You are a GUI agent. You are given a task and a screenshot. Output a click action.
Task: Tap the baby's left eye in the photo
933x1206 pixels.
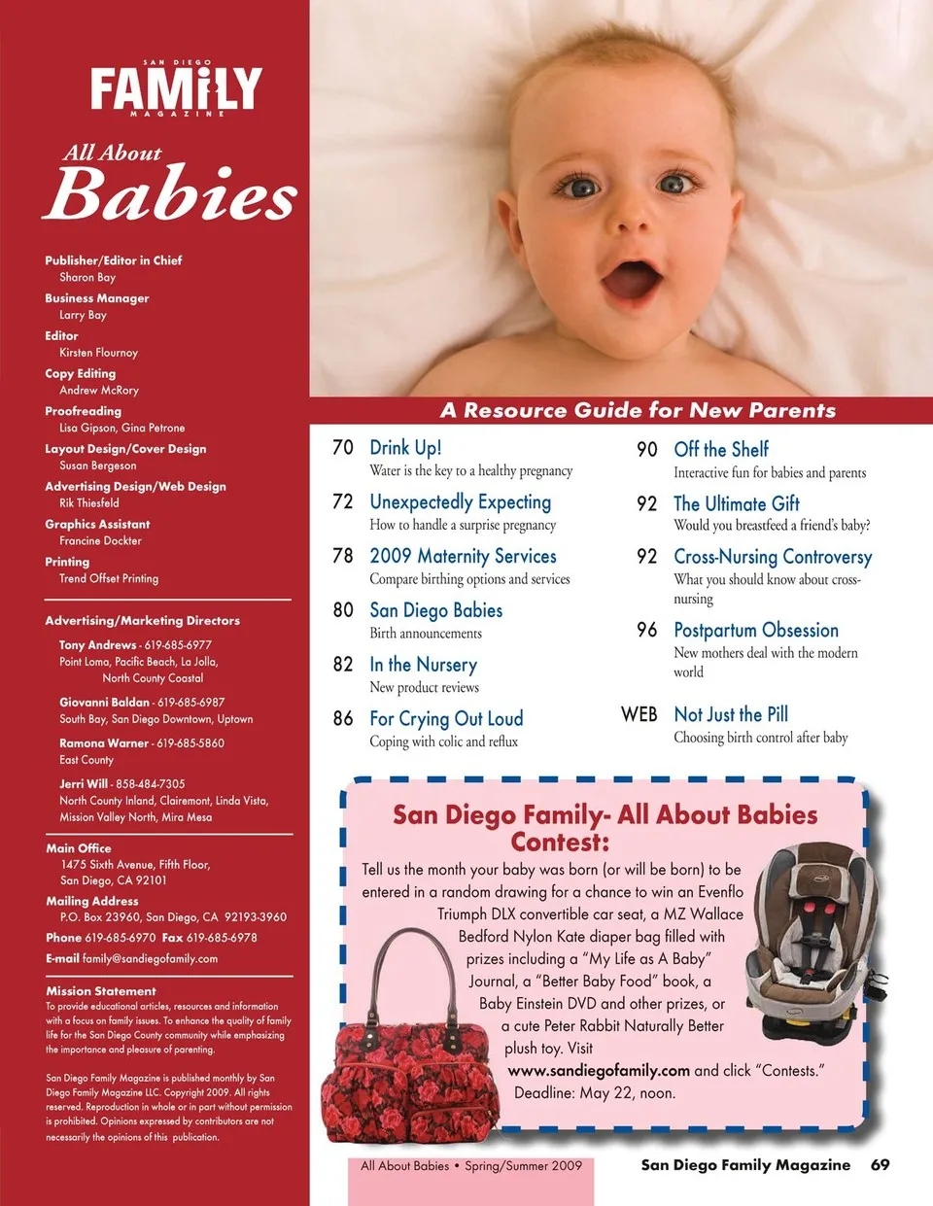[x=674, y=183]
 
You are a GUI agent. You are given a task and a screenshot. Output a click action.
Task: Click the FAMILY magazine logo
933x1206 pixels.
[x=176, y=89]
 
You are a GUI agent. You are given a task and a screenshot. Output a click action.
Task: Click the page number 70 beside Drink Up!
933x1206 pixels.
[x=343, y=447]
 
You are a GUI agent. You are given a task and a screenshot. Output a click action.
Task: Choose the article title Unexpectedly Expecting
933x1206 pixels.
[x=460, y=501]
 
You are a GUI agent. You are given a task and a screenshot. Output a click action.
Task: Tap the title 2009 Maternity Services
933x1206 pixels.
[x=463, y=556]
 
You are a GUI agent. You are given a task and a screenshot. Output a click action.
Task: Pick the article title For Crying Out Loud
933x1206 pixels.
[x=446, y=718]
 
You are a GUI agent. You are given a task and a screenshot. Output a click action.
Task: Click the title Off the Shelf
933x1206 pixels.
[x=721, y=449]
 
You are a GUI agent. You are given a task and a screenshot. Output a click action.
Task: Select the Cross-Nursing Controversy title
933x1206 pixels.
[x=773, y=557]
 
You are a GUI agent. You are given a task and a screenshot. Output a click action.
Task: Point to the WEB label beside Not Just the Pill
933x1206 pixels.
[x=639, y=714]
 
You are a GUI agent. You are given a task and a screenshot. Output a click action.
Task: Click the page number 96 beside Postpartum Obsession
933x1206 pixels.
[x=647, y=630]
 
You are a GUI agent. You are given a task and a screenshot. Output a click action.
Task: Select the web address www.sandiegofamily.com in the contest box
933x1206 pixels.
[x=599, y=1070]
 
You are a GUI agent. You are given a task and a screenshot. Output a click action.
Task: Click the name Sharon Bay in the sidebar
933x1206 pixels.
[x=87, y=277]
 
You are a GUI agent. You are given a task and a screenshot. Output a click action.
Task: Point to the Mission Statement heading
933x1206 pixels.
[x=101, y=991]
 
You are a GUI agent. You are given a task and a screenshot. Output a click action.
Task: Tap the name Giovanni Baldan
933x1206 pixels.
[x=105, y=702]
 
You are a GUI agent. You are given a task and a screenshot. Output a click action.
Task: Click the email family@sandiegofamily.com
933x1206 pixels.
[x=150, y=958]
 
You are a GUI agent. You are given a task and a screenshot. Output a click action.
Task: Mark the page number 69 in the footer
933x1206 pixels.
[x=880, y=1164]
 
